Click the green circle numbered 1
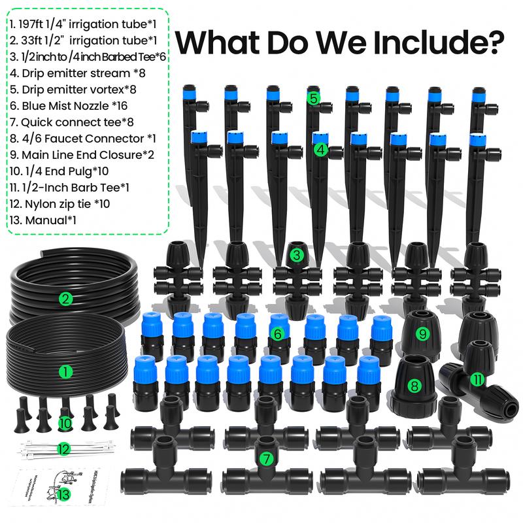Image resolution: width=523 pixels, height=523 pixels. tap(65, 372)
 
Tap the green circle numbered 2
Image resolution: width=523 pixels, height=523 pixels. tap(65, 299)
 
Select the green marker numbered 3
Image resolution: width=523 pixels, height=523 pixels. tap(296, 255)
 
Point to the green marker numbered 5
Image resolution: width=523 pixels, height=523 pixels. tap(314, 99)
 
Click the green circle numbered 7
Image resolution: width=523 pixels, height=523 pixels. tap(265, 459)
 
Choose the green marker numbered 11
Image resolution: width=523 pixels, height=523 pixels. tap(477, 378)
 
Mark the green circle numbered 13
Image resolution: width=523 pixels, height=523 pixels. tap(63, 495)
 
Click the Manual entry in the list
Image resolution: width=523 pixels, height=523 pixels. tap(44, 220)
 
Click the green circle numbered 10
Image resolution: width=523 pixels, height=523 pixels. tap(65, 422)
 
